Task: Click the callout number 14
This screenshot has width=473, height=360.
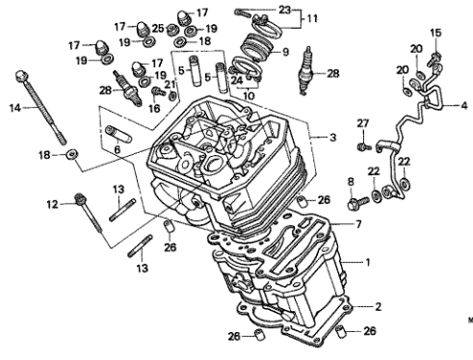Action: tap(15, 108)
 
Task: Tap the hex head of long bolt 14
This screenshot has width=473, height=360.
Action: tap(21, 76)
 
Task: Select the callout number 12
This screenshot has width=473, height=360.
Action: tap(52, 204)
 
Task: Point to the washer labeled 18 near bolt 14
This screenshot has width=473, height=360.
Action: tap(72, 155)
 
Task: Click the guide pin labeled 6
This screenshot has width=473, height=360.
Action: tap(118, 134)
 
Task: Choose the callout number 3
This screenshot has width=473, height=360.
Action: tap(333, 138)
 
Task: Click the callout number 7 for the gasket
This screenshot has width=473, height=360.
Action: tap(358, 223)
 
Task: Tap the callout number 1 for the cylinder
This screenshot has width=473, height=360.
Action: tap(368, 263)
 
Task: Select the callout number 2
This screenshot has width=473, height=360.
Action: tap(379, 307)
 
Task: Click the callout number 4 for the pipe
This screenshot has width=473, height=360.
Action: tap(464, 105)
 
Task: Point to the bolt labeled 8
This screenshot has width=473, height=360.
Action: tap(357, 202)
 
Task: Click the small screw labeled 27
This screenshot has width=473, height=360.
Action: tap(364, 147)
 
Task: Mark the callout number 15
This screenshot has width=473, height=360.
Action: tap(435, 33)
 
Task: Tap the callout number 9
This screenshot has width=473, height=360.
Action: tap(285, 52)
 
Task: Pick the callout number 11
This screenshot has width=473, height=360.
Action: tap(312, 18)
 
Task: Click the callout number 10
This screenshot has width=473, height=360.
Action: tap(249, 95)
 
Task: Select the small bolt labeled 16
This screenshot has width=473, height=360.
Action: tap(157, 90)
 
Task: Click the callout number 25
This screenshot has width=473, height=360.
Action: tap(158, 28)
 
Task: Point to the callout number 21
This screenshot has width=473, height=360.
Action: tap(170, 84)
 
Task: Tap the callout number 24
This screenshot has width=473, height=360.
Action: tap(237, 80)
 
